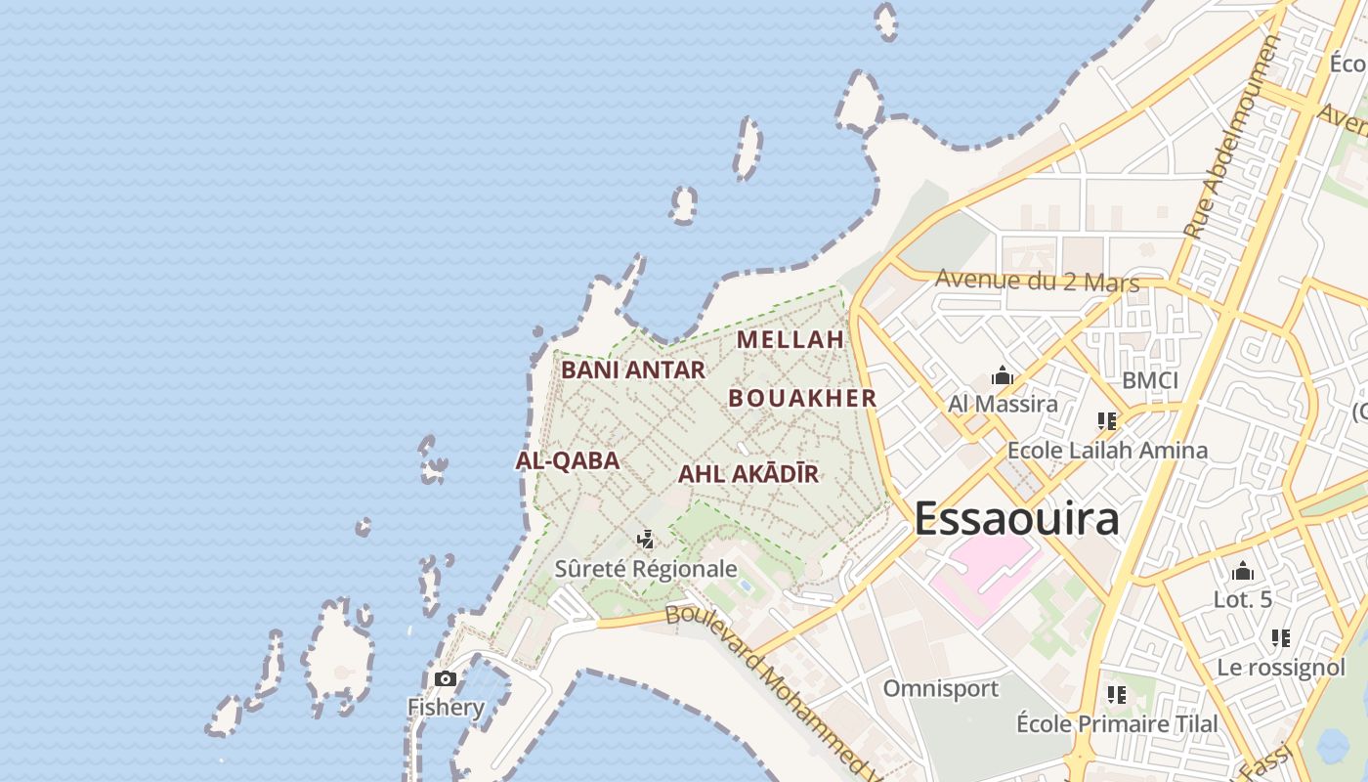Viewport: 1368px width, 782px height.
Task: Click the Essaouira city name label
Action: click(x=1016, y=518)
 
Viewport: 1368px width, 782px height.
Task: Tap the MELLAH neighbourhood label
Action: click(x=790, y=339)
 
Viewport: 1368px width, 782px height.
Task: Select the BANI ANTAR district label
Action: click(x=633, y=369)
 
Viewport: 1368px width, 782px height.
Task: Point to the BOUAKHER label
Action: click(x=802, y=398)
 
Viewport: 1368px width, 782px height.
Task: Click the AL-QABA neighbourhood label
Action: click(x=568, y=460)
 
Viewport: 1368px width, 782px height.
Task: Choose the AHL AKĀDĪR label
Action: click(x=748, y=474)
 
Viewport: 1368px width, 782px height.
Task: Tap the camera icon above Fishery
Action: click(x=446, y=678)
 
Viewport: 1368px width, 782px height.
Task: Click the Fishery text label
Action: click(x=446, y=707)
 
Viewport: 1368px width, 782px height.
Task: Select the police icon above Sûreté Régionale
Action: click(x=645, y=539)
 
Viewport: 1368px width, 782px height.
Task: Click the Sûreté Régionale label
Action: click(x=646, y=568)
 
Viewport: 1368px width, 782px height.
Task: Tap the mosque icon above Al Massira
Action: click(x=1002, y=375)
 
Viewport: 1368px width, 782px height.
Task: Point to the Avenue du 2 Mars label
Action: click(x=1037, y=281)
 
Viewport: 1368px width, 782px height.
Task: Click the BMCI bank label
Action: click(x=1150, y=380)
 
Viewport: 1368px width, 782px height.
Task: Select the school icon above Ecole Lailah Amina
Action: click(x=1106, y=421)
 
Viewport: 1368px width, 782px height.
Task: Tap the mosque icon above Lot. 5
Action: click(x=1243, y=571)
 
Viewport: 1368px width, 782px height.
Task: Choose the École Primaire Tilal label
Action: click(x=1117, y=724)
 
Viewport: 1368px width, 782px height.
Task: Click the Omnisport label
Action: click(x=941, y=688)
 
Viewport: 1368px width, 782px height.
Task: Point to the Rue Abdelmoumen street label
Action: click(x=1232, y=137)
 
